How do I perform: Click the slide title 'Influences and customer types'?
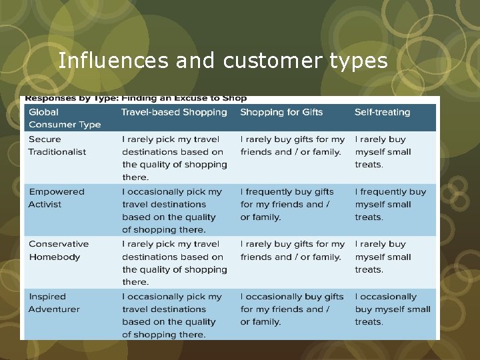(223, 61)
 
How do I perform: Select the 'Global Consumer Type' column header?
(65, 118)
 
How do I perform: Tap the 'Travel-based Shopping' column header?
(174, 112)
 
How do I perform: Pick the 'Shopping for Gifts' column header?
(281, 112)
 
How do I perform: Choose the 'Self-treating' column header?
(382, 112)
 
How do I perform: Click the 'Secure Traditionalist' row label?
(57, 145)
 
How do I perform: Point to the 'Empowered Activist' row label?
(57, 198)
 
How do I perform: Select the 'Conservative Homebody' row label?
(59, 250)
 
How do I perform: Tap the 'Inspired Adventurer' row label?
(55, 303)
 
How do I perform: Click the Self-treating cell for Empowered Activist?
(390, 204)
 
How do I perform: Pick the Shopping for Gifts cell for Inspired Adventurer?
(292, 309)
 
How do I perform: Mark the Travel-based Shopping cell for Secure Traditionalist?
(175, 158)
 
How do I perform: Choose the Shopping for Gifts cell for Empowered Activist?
(287, 204)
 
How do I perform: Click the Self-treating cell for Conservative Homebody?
(380, 257)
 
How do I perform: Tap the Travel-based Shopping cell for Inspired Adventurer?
(172, 315)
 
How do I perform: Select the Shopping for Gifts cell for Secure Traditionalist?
(293, 145)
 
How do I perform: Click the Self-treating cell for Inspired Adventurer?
(393, 309)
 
